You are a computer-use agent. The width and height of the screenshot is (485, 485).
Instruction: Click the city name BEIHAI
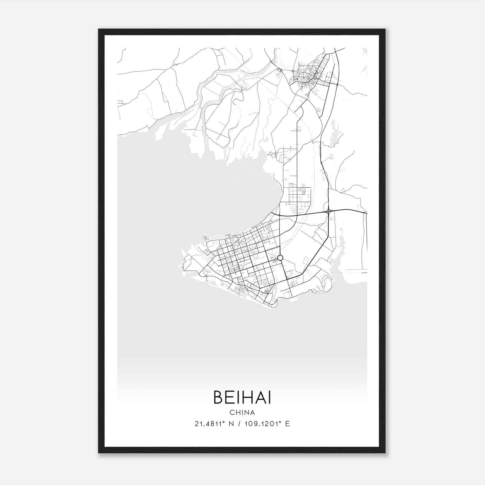(x=242, y=397)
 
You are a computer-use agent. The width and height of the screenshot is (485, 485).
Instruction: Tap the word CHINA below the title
(x=242, y=413)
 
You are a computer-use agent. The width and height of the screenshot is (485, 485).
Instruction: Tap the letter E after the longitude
(x=287, y=424)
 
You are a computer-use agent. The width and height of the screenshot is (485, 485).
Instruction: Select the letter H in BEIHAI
(x=244, y=397)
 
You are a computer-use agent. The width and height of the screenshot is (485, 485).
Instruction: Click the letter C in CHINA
(x=232, y=413)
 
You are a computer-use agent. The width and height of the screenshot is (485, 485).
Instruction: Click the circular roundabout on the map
(x=280, y=258)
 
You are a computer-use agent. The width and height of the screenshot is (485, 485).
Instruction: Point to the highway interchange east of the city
(x=329, y=211)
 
